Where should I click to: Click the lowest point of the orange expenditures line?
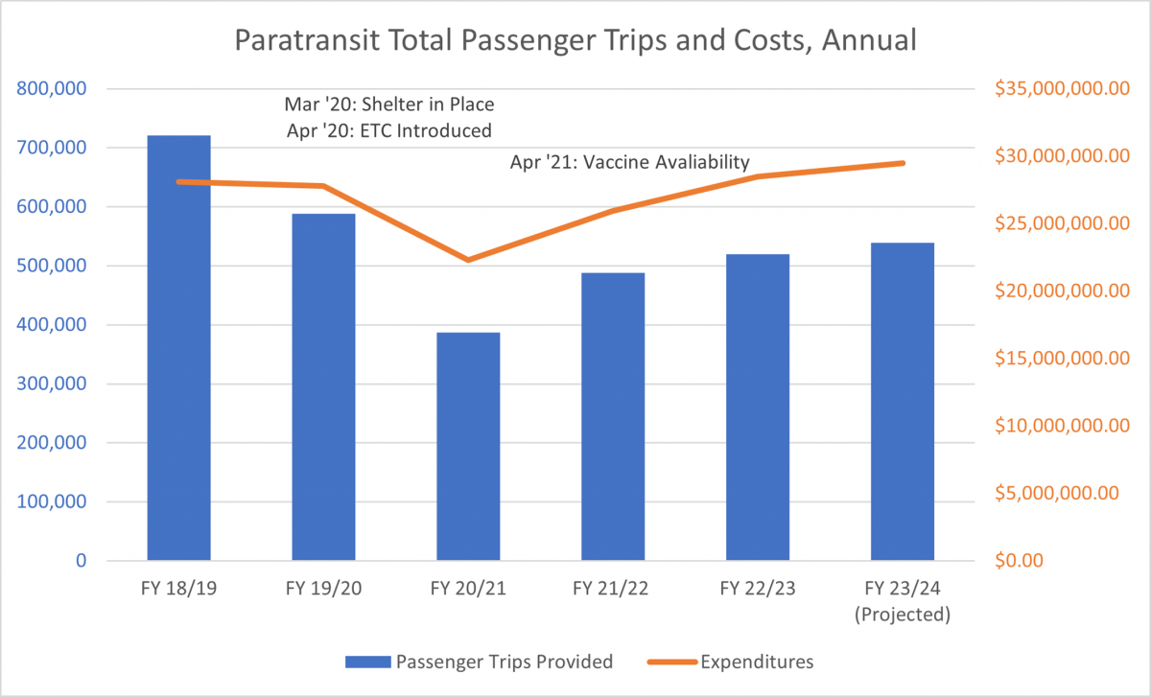point(468,260)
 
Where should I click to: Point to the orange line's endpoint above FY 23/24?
point(903,163)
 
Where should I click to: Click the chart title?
point(575,42)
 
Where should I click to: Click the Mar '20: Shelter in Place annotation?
point(389,104)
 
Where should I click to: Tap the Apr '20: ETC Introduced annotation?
point(389,129)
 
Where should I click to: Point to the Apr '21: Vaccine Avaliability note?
point(629,162)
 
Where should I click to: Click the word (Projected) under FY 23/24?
point(903,615)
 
